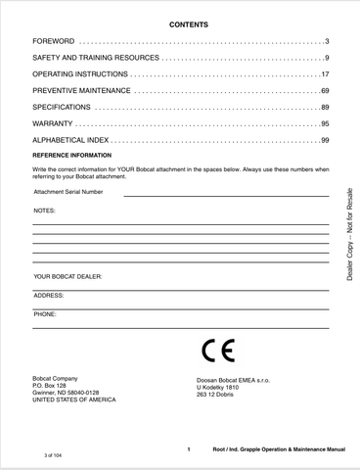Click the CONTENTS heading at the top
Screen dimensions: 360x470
coord(181,23)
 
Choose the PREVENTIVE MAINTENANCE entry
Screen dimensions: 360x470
coord(82,90)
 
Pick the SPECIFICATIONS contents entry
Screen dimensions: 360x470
coord(62,106)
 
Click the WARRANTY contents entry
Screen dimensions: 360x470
coord(53,124)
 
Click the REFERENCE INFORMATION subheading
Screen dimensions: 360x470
coord(72,155)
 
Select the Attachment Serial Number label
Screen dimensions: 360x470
coord(67,192)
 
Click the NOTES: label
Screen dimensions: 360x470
coord(45,211)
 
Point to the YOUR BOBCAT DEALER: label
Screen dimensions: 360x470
coord(67,276)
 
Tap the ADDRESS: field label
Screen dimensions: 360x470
coord(49,295)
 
